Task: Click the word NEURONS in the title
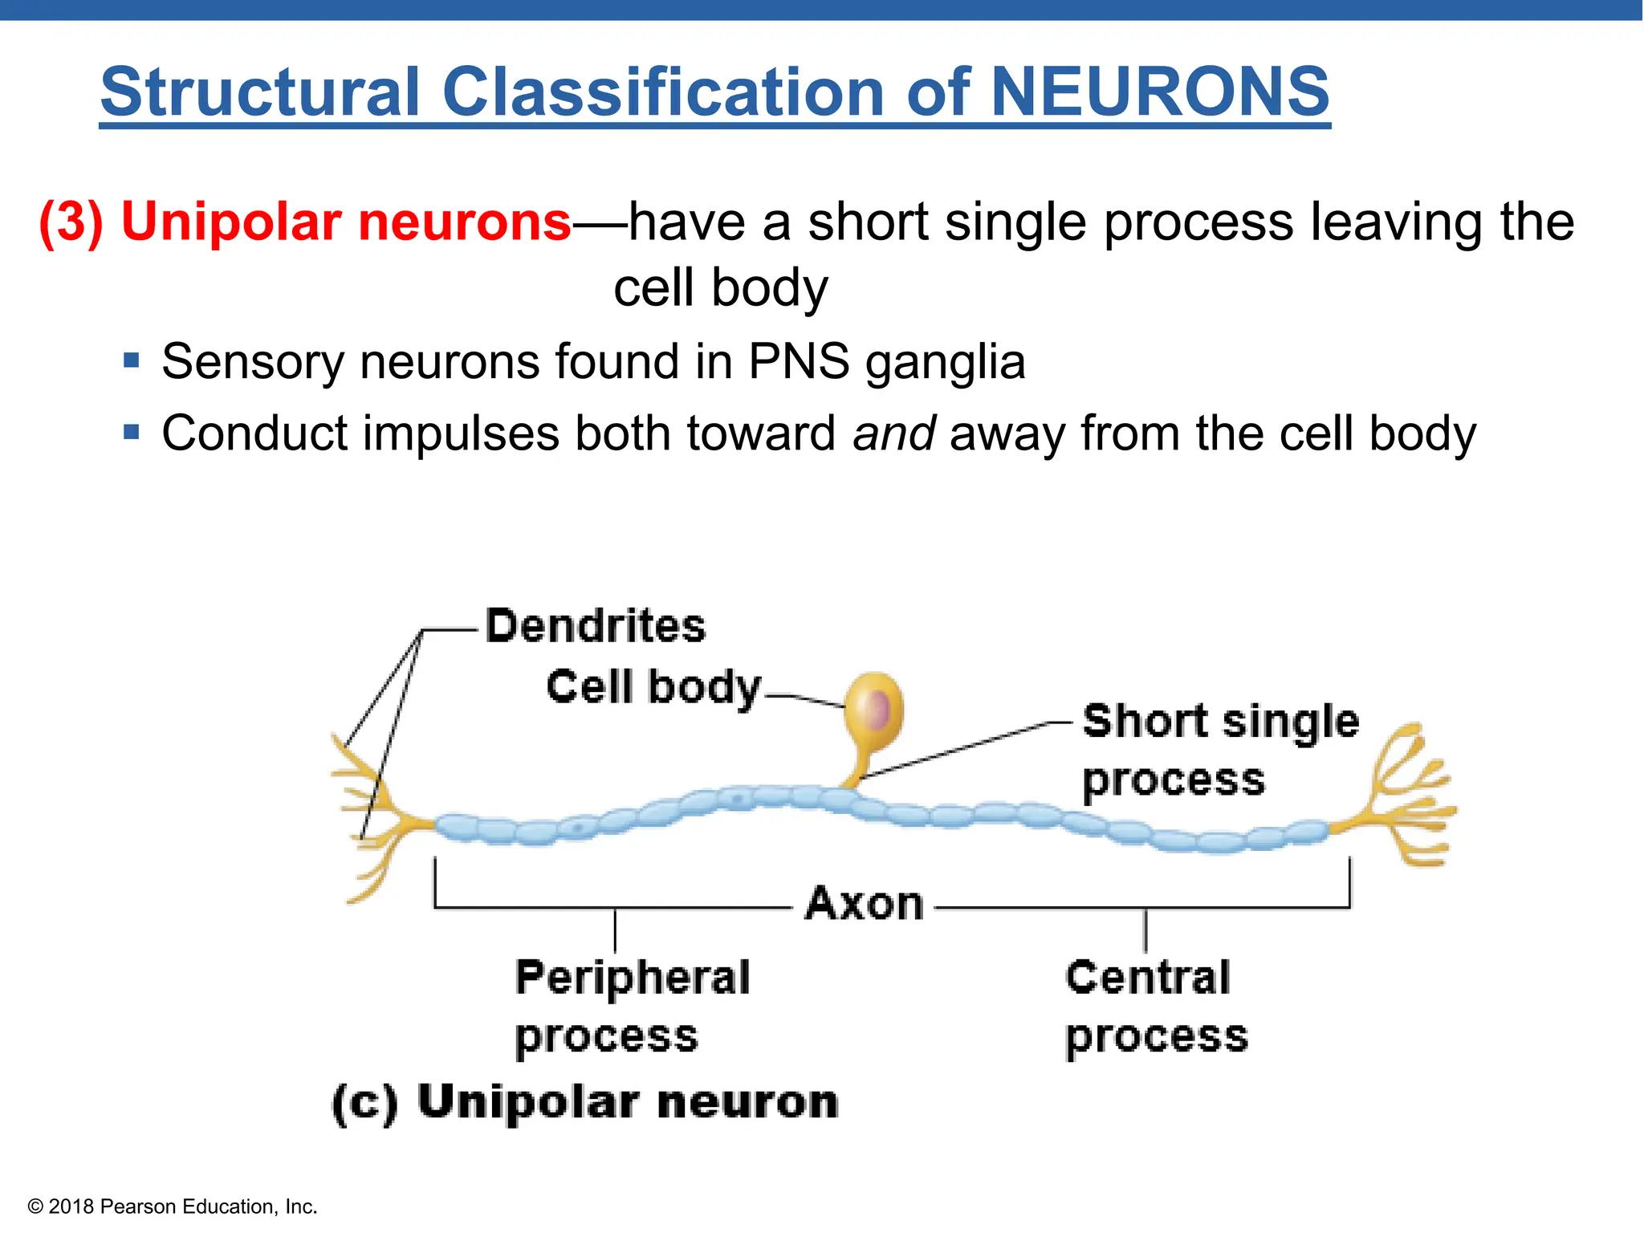(x=1159, y=92)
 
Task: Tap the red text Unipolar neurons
(x=345, y=222)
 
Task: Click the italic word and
(x=893, y=433)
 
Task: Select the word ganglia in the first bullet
(x=945, y=362)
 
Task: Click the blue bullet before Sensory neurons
(x=132, y=360)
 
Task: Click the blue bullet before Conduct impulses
(x=132, y=433)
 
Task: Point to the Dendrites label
(x=595, y=625)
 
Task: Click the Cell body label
(x=653, y=687)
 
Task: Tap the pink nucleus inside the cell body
(x=878, y=710)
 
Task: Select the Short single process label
(x=1219, y=749)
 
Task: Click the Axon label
(x=865, y=904)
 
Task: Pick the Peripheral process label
(x=632, y=1006)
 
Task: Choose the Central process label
(x=1155, y=1006)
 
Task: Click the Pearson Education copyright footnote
(x=173, y=1207)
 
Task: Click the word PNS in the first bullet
(x=799, y=362)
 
